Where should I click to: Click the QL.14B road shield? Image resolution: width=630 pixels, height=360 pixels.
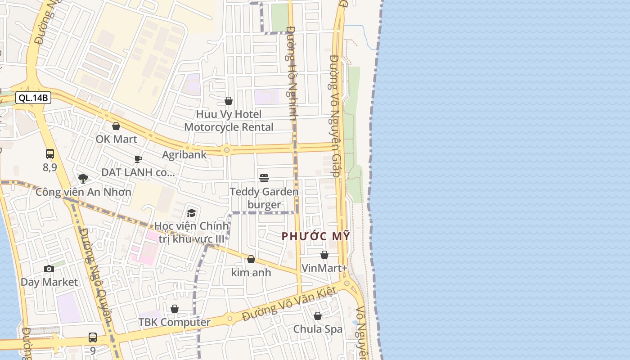[33, 98]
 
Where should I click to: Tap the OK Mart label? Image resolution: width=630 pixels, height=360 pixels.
[116, 139]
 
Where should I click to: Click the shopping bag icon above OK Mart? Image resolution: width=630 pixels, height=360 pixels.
[116, 126]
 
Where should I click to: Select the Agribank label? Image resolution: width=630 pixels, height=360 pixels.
[184, 155]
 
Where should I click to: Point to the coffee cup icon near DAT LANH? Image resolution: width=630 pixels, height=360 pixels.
[138, 159]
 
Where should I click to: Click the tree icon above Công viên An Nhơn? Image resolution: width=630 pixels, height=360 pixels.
[83, 179]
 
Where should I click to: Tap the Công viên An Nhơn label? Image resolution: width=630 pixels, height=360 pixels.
[84, 192]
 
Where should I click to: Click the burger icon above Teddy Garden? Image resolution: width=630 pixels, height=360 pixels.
[264, 178]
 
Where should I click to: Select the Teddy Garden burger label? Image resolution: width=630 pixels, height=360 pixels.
[264, 198]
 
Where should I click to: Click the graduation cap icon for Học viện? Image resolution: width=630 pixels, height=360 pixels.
[192, 213]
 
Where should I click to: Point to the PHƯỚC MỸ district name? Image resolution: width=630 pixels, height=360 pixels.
[315, 236]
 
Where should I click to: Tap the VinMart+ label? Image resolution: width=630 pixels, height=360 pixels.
[324, 268]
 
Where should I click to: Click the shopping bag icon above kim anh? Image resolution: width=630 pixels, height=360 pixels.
[251, 259]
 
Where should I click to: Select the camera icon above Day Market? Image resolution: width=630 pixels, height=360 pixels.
[49, 269]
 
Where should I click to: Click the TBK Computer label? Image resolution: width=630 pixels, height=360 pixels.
[174, 322]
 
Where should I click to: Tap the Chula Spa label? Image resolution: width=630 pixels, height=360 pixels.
[318, 329]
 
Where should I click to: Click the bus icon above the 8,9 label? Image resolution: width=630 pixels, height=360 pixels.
[50, 154]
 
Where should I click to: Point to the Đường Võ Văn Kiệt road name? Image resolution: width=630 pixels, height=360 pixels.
[289, 305]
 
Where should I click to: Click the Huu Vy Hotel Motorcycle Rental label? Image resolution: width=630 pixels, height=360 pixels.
[229, 121]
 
